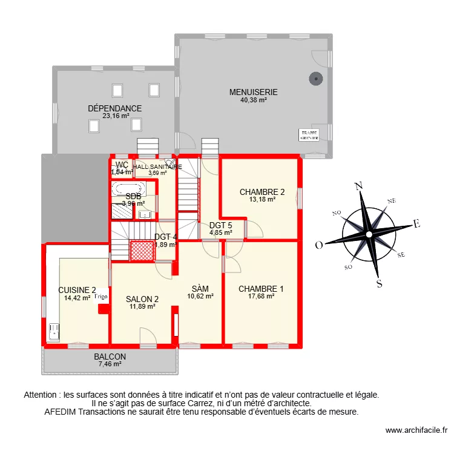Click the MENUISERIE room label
(x=253, y=92)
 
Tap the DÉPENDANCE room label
(x=114, y=108)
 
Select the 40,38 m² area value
(x=253, y=100)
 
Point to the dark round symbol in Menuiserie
(x=315, y=78)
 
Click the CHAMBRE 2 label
(x=262, y=192)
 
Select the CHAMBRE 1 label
(x=260, y=289)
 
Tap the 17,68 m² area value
(x=260, y=297)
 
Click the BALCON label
(x=110, y=357)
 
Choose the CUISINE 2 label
(x=77, y=289)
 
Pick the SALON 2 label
(x=142, y=298)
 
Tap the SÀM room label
(x=200, y=288)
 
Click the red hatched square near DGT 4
(x=141, y=251)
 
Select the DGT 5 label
(x=220, y=225)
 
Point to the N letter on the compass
(x=358, y=186)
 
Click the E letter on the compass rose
(x=416, y=223)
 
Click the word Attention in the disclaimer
(x=43, y=395)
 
